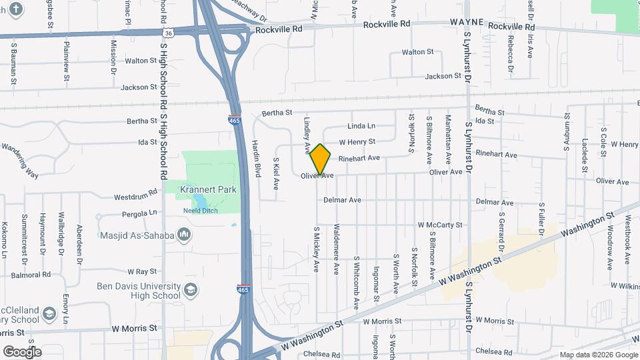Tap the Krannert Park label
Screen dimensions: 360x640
pos(208,190)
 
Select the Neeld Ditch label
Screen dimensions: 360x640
pos(200,211)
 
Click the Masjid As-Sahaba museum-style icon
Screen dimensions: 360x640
pos(185,235)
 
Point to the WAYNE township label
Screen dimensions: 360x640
pos(465,22)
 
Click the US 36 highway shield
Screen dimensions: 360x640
pos(169,32)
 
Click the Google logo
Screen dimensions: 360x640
pos(22,351)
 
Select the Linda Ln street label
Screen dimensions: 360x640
pos(361,126)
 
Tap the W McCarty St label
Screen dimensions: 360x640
pos(439,225)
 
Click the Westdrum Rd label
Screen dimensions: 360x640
pos(135,197)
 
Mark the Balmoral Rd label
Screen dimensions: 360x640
pos(31,274)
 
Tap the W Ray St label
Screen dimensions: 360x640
pos(141,271)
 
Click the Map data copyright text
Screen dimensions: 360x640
pos(597,355)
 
